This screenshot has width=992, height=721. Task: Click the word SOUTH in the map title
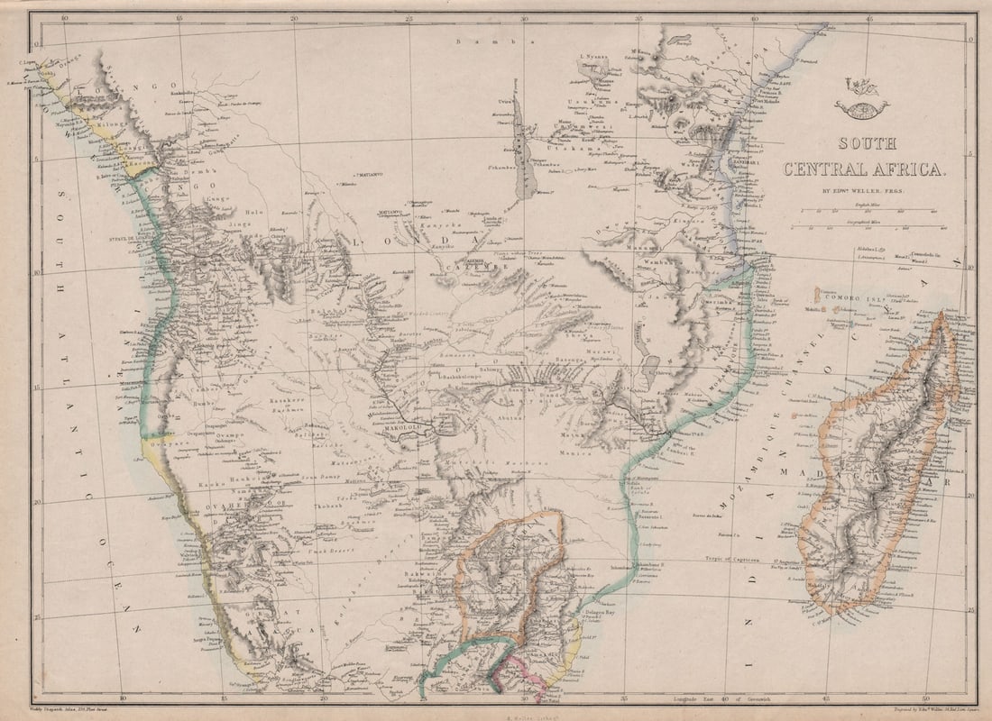pos(867,143)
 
